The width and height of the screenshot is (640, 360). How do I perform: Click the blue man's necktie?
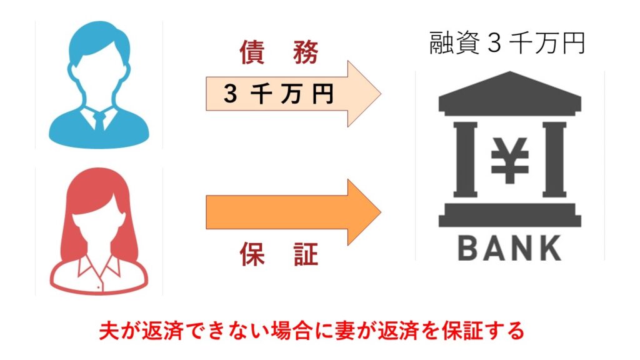(x=99, y=120)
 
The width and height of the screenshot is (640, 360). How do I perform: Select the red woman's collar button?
(x=98, y=287)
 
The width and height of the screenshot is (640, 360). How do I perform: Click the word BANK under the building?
(x=509, y=248)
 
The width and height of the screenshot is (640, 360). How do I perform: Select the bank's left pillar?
(x=465, y=159)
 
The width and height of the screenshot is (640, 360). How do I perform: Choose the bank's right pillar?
(x=554, y=159)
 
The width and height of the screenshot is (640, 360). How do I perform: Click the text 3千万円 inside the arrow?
(x=278, y=94)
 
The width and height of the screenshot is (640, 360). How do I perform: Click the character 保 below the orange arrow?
(x=252, y=254)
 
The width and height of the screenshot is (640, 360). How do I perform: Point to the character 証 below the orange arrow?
(x=305, y=254)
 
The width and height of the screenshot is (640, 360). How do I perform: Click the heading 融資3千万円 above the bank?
(x=507, y=43)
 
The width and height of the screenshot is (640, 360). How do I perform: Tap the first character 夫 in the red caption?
(x=109, y=331)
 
